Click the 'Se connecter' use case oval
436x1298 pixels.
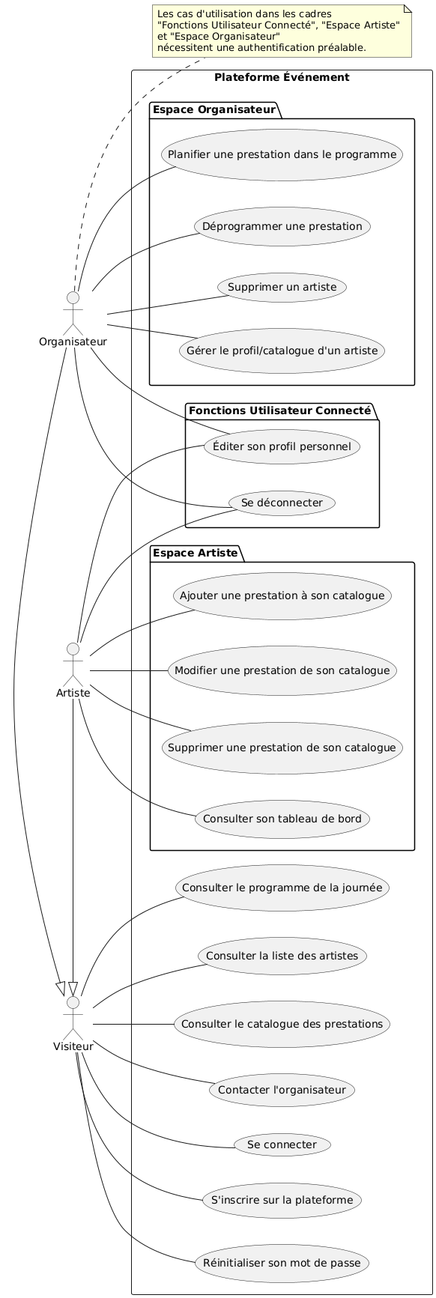click(x=282, y=1144)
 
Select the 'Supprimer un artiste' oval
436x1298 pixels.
click(x=282, y=287)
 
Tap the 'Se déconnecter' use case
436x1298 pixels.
click(x=282, y=503)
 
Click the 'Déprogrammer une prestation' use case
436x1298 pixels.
click(x=282, y=225)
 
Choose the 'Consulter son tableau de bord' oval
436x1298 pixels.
click(x=282, y=818)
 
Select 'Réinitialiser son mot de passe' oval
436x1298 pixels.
click(x=282, y=1263)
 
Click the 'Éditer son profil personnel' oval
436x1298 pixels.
click(x=282, y=446)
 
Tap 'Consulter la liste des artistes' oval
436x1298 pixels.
click(x=282, y=956)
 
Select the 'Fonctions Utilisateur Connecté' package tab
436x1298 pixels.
click(x=280, y=410)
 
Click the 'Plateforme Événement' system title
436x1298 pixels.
click(x=282, y=77)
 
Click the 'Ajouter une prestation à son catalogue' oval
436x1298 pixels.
click(x=282, y=596)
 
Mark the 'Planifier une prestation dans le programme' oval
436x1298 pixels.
click(x=282, y=155)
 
